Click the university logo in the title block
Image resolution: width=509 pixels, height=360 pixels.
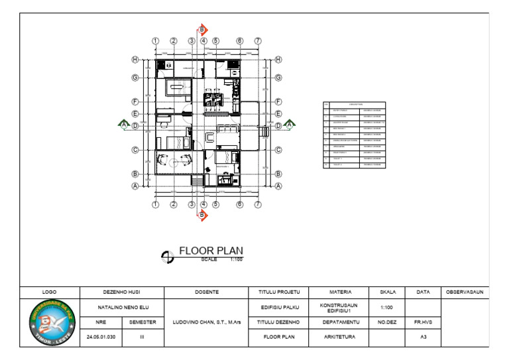(50, 322)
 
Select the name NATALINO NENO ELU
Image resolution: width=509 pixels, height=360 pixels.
(121, 308)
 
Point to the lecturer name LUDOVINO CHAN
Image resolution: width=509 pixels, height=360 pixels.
(206, 322)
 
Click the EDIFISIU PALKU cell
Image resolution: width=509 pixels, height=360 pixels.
(279, 308)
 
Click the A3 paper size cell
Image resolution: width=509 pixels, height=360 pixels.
(423, 337)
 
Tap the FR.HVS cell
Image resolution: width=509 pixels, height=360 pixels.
(423, 322)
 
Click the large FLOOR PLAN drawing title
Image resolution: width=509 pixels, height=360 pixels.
(211, 251)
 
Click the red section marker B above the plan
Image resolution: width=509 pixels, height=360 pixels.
(203, 30)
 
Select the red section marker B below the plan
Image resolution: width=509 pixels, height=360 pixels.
(203, 215)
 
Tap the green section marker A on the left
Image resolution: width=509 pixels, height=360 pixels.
(123, 123)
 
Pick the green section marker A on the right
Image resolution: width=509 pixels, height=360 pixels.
(289, 123)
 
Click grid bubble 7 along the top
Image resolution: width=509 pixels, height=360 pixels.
(258, 41)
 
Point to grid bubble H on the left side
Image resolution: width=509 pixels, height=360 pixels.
(135, 60)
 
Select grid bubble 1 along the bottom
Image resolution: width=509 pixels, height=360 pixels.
(155, 205)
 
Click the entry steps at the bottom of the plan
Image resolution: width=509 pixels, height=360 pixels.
(196, 180)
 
